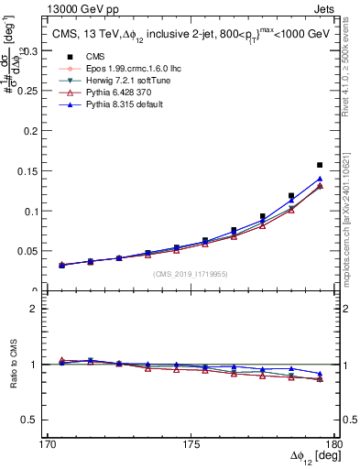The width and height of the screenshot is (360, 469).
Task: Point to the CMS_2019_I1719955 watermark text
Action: pos(190,273)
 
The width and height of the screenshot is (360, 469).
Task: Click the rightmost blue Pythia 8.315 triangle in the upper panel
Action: pos(320,179)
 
